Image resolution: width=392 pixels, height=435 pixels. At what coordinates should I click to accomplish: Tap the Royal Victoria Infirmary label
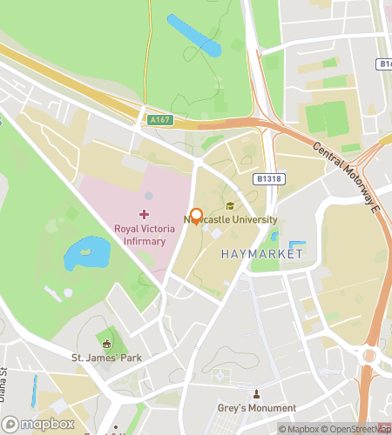click(145, 234)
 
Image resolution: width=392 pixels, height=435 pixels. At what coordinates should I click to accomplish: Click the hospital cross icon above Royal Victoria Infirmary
click(144, 214)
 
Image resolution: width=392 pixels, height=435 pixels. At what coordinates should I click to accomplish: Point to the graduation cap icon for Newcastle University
click(230, 206)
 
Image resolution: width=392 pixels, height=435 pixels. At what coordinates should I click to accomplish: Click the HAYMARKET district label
click(261, 253)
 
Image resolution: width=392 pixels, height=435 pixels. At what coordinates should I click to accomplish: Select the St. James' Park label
click(107, 358)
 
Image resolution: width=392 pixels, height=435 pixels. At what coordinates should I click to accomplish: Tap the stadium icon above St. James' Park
click(107, 344)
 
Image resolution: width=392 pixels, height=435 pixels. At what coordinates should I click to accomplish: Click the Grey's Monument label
click(257, 407)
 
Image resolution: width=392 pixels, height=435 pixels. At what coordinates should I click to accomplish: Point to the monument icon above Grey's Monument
click(256, 393)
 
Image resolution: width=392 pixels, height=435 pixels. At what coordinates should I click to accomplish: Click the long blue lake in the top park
click(194, 35)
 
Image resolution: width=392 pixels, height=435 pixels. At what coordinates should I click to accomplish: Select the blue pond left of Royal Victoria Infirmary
click(86, 253)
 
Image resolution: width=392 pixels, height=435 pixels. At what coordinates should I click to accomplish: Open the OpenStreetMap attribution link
click(358, 429)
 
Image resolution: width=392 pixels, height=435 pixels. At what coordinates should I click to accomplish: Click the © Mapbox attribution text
click(299, 429)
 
